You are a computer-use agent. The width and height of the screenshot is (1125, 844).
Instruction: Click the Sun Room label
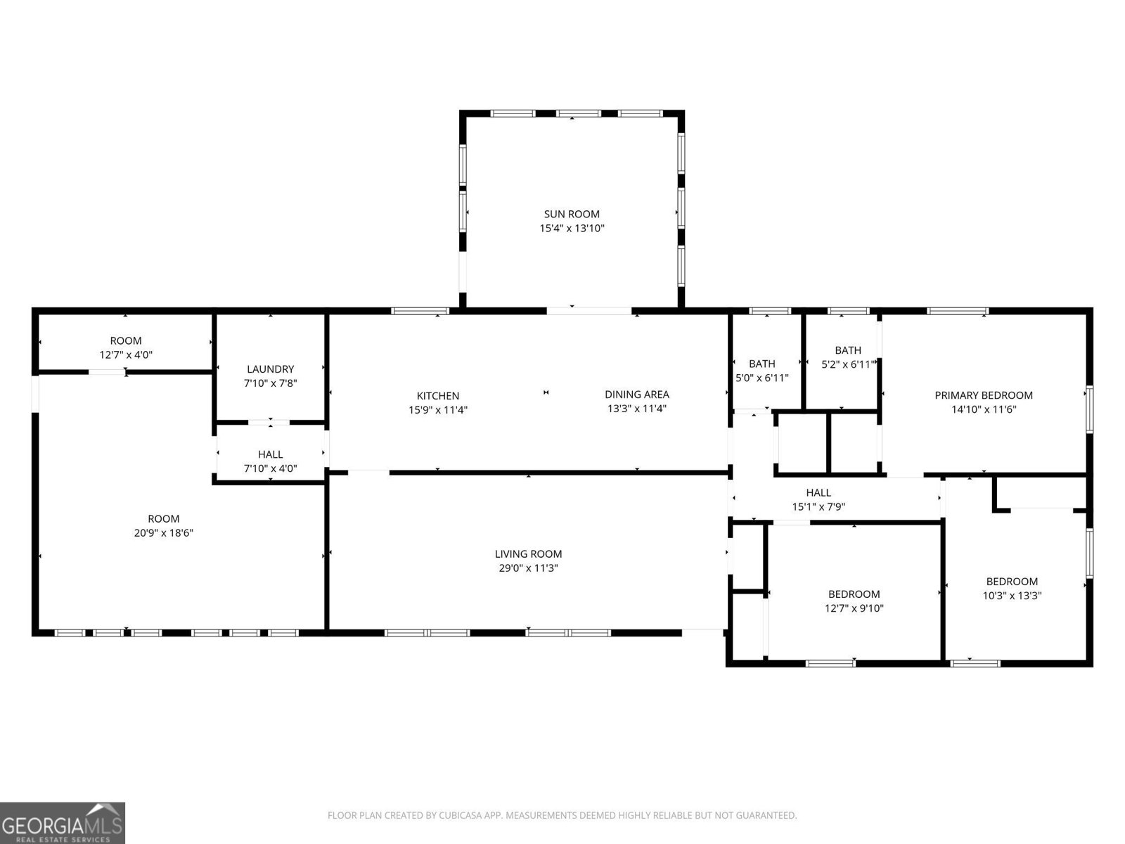click(572, 214)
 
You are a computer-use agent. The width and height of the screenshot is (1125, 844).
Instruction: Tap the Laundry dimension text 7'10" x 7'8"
click(270, 383)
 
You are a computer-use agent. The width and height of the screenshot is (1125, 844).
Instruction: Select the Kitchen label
click(438, 396)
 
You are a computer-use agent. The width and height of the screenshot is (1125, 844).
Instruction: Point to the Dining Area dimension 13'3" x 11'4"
click(636, 409)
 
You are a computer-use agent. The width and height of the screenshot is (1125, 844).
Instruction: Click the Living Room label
click(528, 554)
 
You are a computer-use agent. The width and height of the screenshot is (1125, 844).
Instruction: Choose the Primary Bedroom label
click(983, 395)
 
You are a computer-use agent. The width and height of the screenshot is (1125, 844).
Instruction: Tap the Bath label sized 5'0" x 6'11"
click(761, 364)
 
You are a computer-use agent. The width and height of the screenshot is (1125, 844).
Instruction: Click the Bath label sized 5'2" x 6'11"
click(847, 350)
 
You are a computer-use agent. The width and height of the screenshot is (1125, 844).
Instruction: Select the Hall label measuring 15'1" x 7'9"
click(818, 493)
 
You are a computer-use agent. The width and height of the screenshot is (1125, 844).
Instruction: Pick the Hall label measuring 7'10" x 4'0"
click(270, 454)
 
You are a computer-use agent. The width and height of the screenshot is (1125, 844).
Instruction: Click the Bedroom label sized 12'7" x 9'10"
click(854, 594)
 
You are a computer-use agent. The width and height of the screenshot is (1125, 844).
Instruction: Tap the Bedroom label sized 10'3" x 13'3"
click(1012, 582)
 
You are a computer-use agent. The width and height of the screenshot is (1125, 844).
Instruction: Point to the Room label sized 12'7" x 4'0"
click(126, 341)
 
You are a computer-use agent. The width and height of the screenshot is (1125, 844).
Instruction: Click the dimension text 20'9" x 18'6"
click(163, 533)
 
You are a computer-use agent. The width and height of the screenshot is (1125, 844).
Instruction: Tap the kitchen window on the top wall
click(420, 311)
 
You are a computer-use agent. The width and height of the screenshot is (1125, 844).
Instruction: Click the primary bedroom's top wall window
click(957, 311)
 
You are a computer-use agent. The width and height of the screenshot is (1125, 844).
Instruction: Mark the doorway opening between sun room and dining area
click(589, 310)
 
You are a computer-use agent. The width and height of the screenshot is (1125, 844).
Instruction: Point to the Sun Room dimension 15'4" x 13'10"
click(572, 229)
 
